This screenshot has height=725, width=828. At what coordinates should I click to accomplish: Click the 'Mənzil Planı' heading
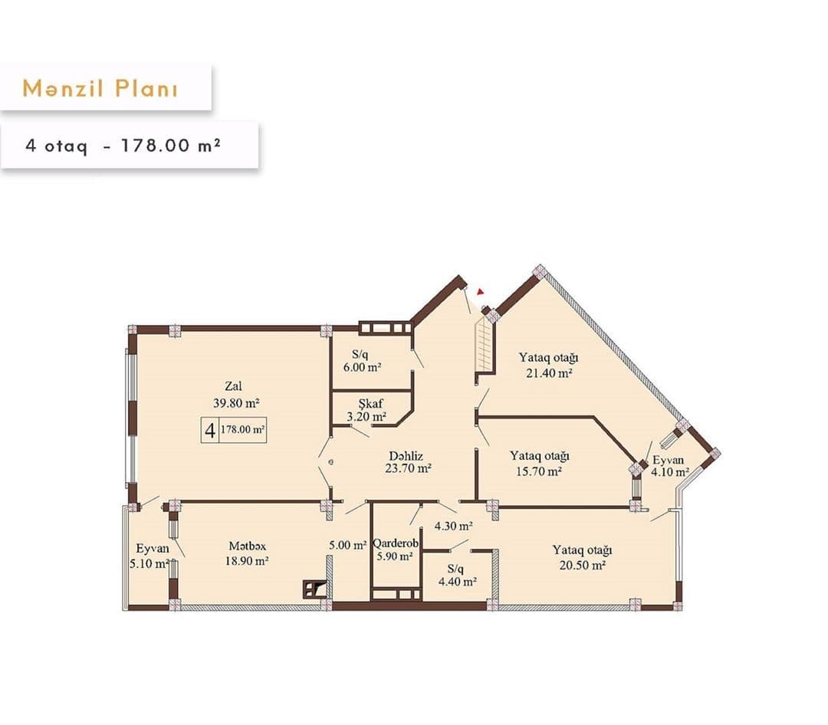[x=100, y=88]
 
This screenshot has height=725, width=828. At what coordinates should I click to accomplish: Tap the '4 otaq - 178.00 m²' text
[x=123, y=145]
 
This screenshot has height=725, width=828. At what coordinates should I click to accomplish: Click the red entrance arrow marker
[x=480, y=291]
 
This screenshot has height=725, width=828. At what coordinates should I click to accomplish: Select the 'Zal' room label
[x=234, y=387]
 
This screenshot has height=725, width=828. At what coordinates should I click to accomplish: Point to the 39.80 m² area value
[x=234, y=402]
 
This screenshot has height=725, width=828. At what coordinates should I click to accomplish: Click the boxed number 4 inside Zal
[x=209, y=430]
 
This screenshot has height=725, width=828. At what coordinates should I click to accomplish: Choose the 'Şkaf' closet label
[x=370, y=403]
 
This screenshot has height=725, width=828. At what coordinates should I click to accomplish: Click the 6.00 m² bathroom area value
[x=362, y=368]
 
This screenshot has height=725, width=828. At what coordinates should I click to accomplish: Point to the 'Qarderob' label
[x=395, y=543]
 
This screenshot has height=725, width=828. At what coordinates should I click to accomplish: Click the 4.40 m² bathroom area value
[x=457, y=582]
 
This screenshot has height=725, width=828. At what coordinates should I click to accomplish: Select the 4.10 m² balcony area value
[x=670, y=473]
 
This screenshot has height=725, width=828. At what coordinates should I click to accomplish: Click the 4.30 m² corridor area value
[x=453, y=527]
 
